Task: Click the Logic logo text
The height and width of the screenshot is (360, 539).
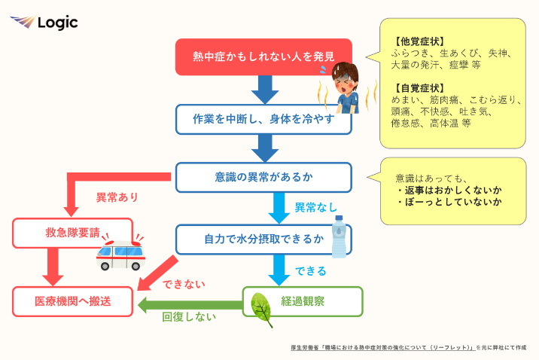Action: [57, 23]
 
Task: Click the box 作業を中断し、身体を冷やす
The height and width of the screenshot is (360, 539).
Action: [263, 119]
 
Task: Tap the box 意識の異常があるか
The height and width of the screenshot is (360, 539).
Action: [263, 178]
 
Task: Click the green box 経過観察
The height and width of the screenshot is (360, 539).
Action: [302, 302]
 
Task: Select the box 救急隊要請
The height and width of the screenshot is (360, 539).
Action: [72, 233]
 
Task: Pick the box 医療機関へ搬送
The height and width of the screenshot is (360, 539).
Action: [72, 301]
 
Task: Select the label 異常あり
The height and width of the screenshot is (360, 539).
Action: [117, 198]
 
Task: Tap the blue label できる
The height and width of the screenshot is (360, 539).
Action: [310, 270]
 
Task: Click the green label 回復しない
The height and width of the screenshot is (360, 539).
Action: [188, 317]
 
